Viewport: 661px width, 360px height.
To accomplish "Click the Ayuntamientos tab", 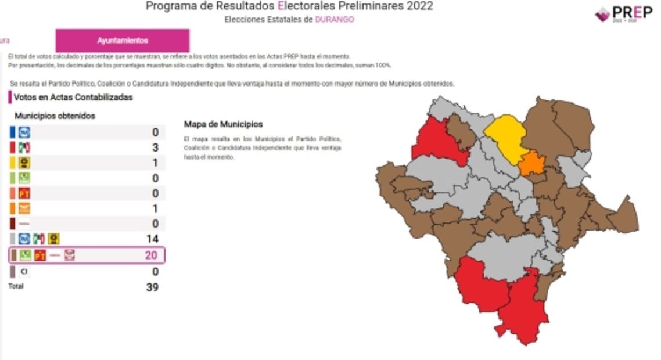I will coord(123,41).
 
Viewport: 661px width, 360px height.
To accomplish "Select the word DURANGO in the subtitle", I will coord(335,19).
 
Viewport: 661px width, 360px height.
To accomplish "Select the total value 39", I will coord(152,287).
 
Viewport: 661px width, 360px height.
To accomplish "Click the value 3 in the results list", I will coord(155,147).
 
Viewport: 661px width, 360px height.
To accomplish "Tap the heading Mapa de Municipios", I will coord(223,124).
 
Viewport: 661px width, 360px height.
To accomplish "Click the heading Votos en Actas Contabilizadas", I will coord(73,97).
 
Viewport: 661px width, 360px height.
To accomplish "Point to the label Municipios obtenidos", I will coord(55,116).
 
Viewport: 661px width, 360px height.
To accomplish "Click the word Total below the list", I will coord(16,286).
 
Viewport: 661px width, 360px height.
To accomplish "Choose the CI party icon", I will coord(24,271).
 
